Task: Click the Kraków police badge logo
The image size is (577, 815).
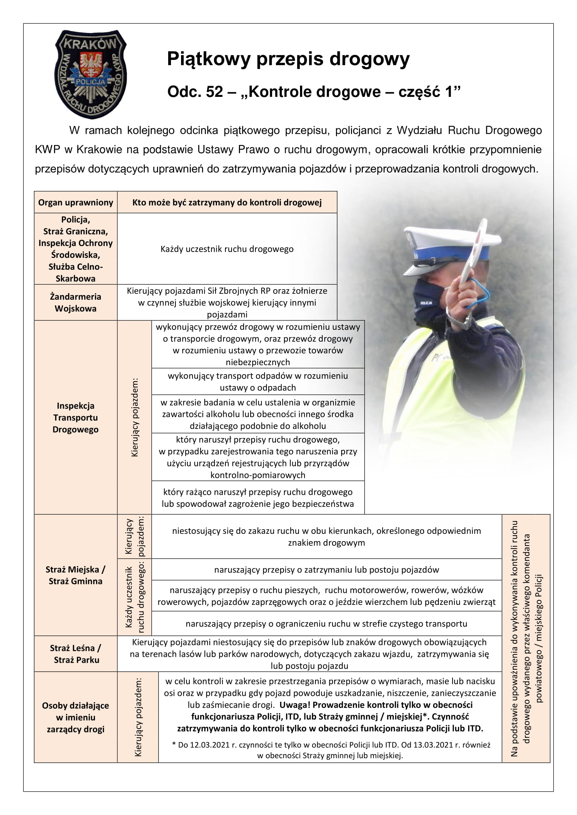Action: pos(91,74)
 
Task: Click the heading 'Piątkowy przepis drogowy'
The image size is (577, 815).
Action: pos(288,59)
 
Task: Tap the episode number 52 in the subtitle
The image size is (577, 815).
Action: pos(214,92)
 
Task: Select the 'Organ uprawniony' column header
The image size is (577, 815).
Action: pos(76,202)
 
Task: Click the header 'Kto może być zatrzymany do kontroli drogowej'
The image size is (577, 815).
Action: pos(227,202)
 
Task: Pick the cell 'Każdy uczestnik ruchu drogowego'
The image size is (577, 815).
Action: pos(227,249)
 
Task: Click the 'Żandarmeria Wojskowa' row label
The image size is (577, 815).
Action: pos(76,302)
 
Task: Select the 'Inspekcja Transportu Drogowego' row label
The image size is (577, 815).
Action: pos(76,417)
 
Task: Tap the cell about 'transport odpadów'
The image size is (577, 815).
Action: pos(257,382)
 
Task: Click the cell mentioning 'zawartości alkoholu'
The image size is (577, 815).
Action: pos(257,414)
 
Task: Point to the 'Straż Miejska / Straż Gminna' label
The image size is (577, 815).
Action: pos(76,575)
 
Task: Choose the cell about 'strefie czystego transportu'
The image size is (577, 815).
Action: pos(326,624)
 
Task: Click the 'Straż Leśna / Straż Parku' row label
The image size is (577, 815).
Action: pos(76,654)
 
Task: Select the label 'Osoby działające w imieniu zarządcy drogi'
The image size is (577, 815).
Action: pos(76,717)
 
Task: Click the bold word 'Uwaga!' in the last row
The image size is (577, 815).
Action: pos(294,705)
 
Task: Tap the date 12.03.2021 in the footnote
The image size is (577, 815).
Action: pos(210,745)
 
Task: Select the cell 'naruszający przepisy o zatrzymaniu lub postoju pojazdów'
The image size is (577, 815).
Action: pos(326,570)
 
